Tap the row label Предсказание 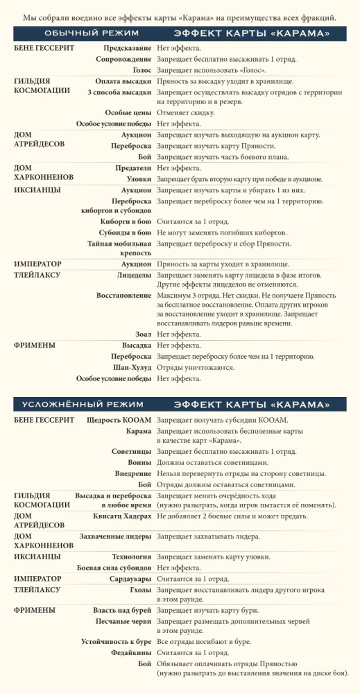click(x=127, y=48)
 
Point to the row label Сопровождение click(x=123, y=60)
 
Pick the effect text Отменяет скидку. click(x=185, y=112)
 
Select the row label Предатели click(x=133, y=167)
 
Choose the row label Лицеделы click(x=134, y=275)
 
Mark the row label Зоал click(x=144, y=334)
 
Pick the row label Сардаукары click(x=130, y=578)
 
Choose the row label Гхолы click(x=140, y=589)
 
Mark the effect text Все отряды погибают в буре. click(x=204, y=642)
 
